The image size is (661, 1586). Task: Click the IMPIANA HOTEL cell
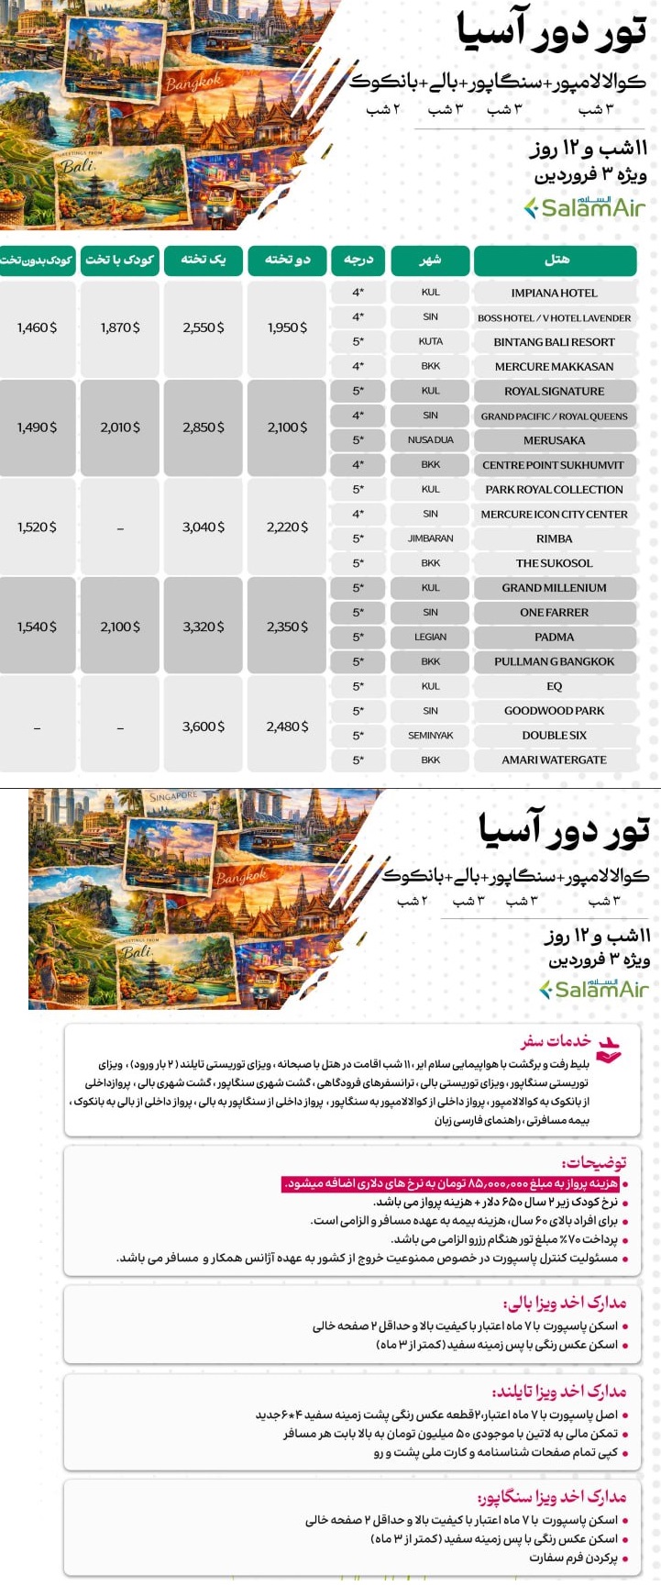pyautogui.click(x=554, y=293)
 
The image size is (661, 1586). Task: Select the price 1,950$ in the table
pyautogui.click(x=287, y=327)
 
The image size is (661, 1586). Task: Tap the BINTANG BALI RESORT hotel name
pyautogui.click(x=554, y=342)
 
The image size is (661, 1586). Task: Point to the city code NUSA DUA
pyautogui.click(x=430, y=440)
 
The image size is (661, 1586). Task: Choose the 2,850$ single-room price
pyautogui.click(x=203, y=427)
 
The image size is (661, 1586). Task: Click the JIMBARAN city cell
pyautogui.click(x=430, y=538)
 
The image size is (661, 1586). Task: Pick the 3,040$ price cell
pyautogui.click(x=203, y=527)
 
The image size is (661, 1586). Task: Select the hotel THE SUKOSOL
pyautogui.click(x=554, y=563)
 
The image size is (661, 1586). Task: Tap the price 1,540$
pyautogui.click(x=37, y=627)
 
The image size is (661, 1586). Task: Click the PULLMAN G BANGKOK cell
pyautogui.click(x=554, y=661)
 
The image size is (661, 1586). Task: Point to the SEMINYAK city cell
pyautogui.click(x=430, y=736)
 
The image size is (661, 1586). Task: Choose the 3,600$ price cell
pyautogui.click(x=203, y=726)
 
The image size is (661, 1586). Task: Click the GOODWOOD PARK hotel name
pyautogui.click(x=554, y=711)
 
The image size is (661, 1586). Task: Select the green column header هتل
pyautogui.click(x=555, y=261)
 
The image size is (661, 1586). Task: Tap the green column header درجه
pyautogui.click(x=358, y=261)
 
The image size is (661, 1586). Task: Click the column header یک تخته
pyautogui.click(x=203, y=261)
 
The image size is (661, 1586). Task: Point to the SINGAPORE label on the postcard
pyautogui.click(x=173, y=797)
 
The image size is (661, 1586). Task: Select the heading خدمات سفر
pyautogui.click(x=556, y=1041)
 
